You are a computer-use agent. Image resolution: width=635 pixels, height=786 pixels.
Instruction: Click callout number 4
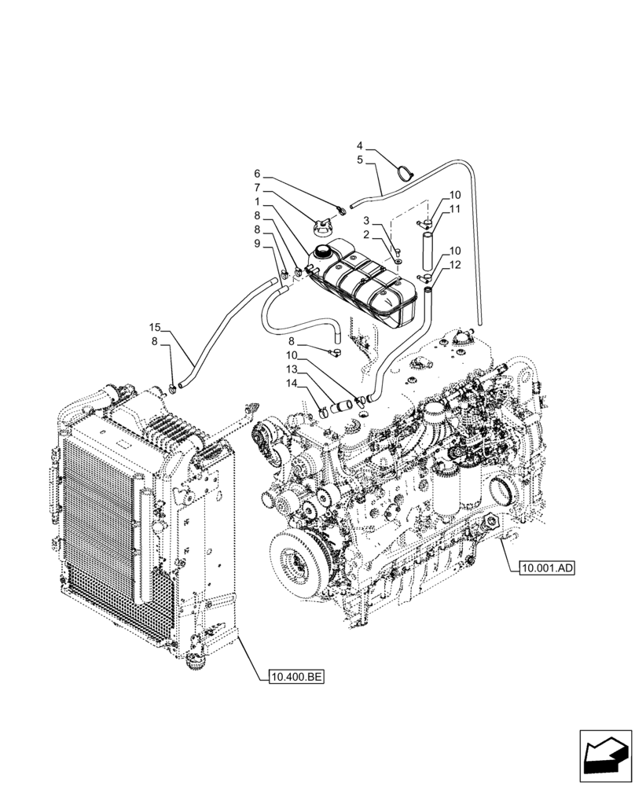click(360, 145)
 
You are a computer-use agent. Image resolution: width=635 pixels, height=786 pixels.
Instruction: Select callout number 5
click(360, 160)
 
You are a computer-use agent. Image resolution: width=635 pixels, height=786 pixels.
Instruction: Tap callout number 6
click(256, 174)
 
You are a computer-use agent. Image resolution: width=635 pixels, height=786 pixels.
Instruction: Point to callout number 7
click(256, 188)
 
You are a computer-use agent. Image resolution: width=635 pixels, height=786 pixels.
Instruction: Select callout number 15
click(155, 326)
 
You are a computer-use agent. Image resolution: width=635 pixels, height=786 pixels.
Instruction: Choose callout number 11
click(454, 208)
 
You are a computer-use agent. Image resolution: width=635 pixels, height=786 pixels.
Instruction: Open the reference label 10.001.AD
click(547, 567)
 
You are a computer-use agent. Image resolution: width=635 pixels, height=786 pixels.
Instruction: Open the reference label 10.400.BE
click(296, 676)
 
